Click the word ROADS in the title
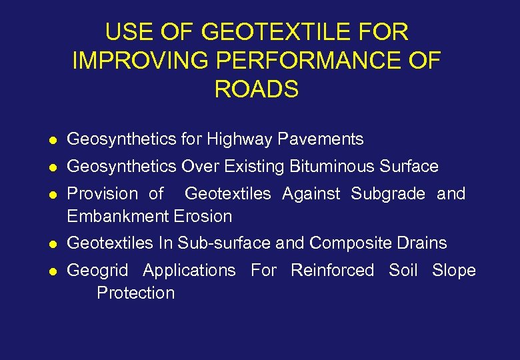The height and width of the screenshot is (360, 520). tap(257, 89)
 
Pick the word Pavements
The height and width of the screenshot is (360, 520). tap(321, 139)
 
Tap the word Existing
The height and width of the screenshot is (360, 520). tap(253, 167)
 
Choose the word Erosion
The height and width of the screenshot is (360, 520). tap(203, 217)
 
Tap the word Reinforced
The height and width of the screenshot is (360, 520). tap(332, 271)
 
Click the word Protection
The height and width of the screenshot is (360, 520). tap(136, 293)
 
